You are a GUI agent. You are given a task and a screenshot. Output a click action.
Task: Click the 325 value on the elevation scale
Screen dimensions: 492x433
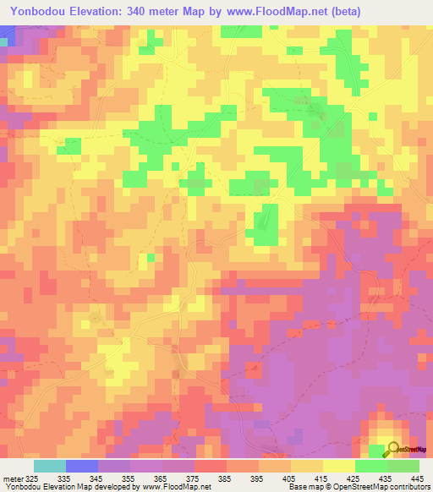point(32,478)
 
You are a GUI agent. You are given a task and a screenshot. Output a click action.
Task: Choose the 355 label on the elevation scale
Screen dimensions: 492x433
point(129,478)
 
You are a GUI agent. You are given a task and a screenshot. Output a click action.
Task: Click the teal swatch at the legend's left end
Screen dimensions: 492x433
point(49,466)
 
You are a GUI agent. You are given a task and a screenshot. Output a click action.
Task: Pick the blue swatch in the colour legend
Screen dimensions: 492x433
point(81,466)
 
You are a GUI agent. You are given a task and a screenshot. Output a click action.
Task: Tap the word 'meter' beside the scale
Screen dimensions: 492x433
point(13,478)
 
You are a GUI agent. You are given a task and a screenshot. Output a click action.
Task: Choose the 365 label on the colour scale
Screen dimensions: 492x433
point(162,478)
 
